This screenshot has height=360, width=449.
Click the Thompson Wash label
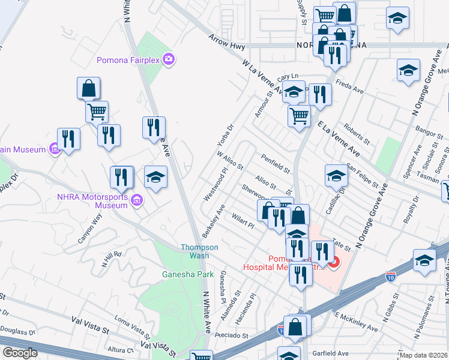pyautogui.click(x=200, y=251)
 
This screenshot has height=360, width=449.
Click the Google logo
pyautogui.click(x=20, y=353)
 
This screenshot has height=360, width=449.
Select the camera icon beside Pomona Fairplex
pyautogui.click(x=169, y=59)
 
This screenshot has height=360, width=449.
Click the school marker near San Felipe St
pyautogui.click(x=336, y=176)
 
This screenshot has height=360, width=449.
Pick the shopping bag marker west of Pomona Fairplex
pyautogui.click(x=88, y=88)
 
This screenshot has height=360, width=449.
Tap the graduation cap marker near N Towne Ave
pyautogui.click(x=424, y=260)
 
